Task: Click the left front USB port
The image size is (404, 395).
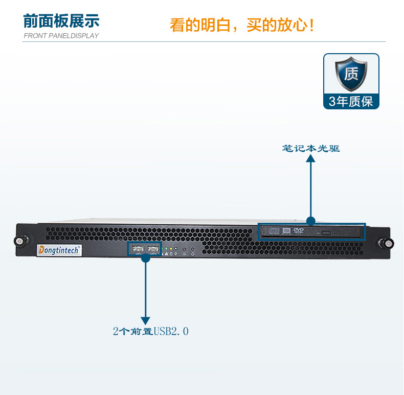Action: [138, 249]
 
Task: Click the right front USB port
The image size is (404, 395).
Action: [153, 249]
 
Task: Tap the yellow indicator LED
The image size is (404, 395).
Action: [171, 248]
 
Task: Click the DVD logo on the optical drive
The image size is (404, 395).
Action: [299, 230]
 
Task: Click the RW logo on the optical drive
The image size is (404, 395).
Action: [286, 230]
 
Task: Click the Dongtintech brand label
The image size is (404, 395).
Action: [59, 250]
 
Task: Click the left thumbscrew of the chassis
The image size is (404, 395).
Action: [19, 241]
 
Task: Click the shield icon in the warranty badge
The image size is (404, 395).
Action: [351, 74]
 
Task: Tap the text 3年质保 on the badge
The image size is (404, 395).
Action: [351, 102]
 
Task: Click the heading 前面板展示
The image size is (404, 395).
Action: [61, 21]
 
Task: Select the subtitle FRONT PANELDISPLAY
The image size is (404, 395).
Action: [61, 36]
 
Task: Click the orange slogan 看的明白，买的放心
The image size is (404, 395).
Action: [242, 25]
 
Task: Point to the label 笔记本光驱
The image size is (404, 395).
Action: [311, 149]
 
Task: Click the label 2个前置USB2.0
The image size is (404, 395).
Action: [151, 331]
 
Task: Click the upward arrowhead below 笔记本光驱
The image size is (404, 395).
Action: [311, 158]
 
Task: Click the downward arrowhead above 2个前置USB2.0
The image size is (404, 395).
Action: [146, 321]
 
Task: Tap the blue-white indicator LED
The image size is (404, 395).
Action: [176, 248]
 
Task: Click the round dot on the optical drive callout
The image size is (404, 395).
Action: [311, 221]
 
